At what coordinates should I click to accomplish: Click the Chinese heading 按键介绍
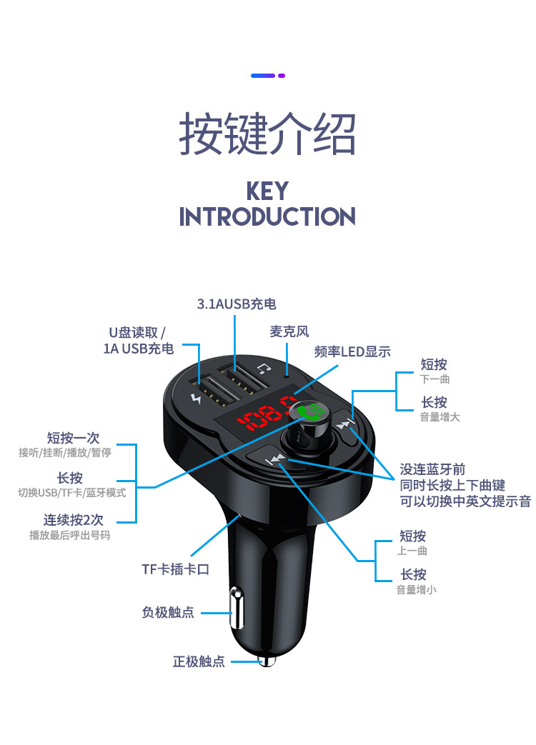point(267,134)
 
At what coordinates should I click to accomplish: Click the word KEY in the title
point(267,191)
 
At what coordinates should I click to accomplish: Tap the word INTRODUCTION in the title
point(267,216)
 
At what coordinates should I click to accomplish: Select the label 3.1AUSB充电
point(236,304)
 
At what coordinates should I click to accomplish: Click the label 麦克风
point(289,332)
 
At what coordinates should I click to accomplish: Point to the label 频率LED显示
point(352,352)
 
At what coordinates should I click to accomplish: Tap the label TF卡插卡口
point(175,569)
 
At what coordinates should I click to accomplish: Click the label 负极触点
point(168,613)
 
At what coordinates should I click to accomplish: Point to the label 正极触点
point(199,662)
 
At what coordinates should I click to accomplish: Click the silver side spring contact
point(234,611)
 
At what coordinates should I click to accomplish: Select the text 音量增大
point(440,417)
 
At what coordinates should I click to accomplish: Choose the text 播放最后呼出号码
point(70,535)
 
